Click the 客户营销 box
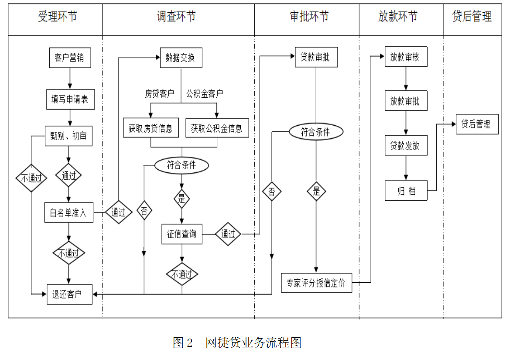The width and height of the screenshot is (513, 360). coord(69,58)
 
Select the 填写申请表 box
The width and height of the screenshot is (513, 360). coord(69,99)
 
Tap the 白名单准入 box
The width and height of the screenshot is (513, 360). coord(68,213)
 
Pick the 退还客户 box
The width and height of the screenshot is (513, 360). coord(69,294)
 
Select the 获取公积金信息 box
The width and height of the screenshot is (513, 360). coord(217,128)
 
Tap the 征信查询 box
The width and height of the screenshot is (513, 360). coord(182,234)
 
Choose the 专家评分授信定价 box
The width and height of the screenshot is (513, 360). coord(316,283)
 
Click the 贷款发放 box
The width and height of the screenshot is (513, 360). coord(405,146)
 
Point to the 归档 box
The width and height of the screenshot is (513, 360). coord(405,191)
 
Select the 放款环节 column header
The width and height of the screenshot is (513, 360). coord(398,17)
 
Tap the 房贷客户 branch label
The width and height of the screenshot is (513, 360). coord(159,94)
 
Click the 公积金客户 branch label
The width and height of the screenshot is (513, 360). coord(205,94)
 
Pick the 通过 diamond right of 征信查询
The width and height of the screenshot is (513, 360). coord(228,234)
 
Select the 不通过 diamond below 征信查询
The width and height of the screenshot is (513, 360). coord(182,274)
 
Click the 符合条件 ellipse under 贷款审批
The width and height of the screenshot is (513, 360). coord(316,132)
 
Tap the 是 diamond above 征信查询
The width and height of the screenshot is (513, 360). coord(182,199)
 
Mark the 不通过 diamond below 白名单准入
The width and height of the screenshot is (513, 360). coord(68,254)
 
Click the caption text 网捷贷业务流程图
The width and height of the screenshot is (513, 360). coord(253,343)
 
